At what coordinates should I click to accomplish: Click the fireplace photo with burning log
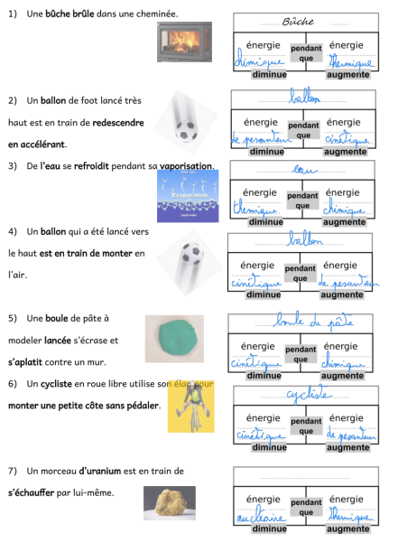[x=185, y=42]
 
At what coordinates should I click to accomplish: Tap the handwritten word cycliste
[x=304, y=396]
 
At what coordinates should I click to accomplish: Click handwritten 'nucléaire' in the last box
[x=256, y=519]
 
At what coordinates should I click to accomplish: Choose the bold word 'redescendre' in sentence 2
[x=118, y=122]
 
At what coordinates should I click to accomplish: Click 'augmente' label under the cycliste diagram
[x=348, y=447]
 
